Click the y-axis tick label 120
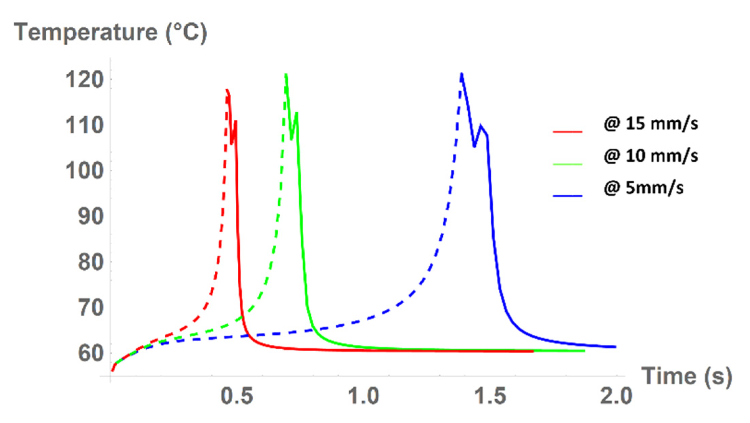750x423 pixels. point(84,80)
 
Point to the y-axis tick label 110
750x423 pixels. point(84,125)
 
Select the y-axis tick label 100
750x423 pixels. point(84,171)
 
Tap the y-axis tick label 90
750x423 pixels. point(91,216)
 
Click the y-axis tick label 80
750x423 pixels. point(91,262)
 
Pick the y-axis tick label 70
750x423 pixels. point(91,308)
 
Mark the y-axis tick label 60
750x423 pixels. point(91,353)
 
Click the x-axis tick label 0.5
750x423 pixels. point(237,396)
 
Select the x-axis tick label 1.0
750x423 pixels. point(364,396)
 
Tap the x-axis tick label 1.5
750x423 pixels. point(490,396)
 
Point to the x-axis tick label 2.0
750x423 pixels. point(616,396)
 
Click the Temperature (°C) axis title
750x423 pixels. point(110,33)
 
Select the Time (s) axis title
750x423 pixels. point(686,376)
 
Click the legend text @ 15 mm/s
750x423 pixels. point(651,123)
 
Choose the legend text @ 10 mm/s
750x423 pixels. point(651,156)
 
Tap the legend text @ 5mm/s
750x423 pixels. point(643,188)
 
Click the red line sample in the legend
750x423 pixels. point(567,131)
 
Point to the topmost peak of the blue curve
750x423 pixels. point(462,74)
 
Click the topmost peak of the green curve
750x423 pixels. point(286,74)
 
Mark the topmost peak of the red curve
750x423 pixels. point(227,90)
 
